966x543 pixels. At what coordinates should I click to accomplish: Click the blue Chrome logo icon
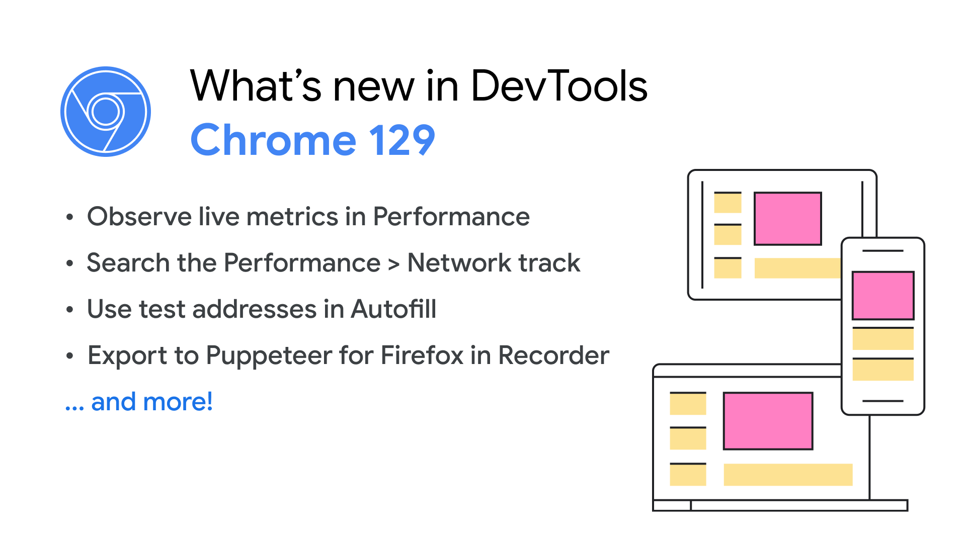[x=106, y=112]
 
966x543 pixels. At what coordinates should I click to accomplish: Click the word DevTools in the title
[x=559, y=86]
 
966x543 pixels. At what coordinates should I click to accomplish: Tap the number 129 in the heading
[x=403, y=140]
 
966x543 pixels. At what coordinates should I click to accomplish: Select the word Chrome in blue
[x=274, y=140]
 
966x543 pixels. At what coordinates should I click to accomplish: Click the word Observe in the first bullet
[x=139, y=217]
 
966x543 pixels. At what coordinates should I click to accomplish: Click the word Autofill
[x=394, y=309]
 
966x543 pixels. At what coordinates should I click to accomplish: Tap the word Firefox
[x=422, y=355]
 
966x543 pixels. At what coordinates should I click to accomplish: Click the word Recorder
[x=553, y=355]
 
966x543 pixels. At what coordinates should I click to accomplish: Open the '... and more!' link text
[x=139, y=402]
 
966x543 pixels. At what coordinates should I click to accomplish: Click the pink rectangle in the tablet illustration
[x=787, y=219]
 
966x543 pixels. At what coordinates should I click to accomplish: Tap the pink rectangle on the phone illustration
[x=883, y=296]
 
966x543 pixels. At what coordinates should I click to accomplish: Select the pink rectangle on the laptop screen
[x=768, y=421]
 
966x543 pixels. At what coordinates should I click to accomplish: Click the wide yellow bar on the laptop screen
[x=788, y=475]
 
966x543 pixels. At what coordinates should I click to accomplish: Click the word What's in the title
[x=256, y=86]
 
